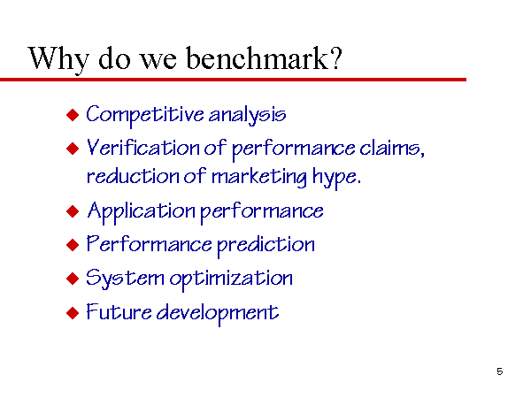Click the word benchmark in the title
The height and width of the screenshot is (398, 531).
(x=257, y=58)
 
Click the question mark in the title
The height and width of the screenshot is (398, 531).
(x=335, y=58)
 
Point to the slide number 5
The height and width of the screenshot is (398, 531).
(x=499, y=371)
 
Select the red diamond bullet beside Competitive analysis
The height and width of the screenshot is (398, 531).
(x=73, y=115)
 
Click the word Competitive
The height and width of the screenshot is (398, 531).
(x=144, y=115)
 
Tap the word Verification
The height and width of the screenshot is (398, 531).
(x=142, y=148)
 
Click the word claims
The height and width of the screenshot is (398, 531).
(x=392, y=148)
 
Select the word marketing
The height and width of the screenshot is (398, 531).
(x=259, y=177)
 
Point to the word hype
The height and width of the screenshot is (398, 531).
(x=336, y=178)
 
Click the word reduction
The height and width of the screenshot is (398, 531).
(x=133, y=176)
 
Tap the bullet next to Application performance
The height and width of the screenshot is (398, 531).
(x=73, y=211)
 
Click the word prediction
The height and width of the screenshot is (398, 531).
(x=265, y=245)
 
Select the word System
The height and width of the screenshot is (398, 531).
(x=125, y=279)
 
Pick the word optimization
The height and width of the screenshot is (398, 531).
(x=231, y=279)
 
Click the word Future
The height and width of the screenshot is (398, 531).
(x=119, y=311)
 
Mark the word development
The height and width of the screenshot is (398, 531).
(x=218, y=313)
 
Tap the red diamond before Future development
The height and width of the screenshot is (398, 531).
(x=73, y=313)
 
